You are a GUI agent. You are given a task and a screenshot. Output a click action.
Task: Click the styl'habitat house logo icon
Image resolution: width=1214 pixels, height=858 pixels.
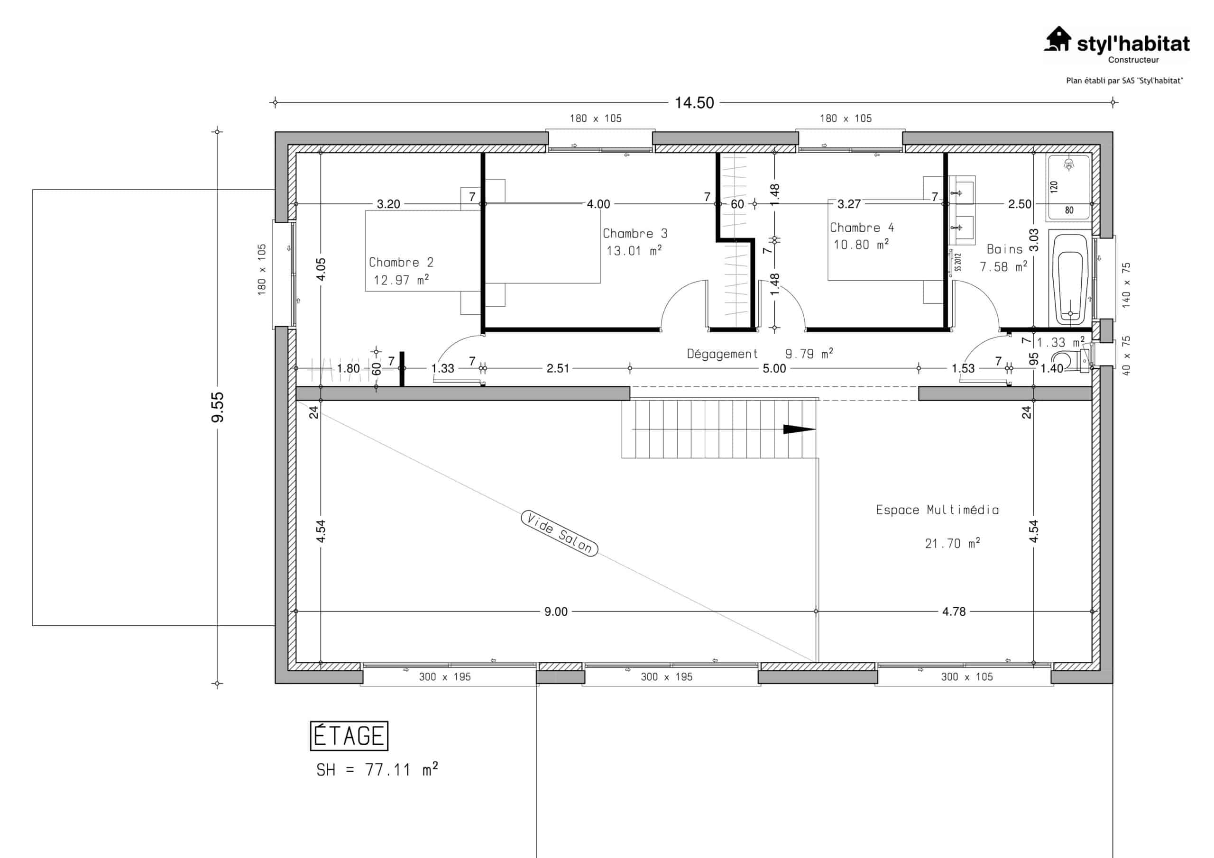[1058, 39]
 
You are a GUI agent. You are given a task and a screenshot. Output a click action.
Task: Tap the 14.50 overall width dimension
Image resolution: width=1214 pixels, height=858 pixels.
[694, 102]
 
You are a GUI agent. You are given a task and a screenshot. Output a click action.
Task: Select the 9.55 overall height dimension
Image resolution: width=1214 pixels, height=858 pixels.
[218, 407]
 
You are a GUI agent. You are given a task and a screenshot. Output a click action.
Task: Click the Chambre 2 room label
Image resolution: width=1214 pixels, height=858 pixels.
[401, 262]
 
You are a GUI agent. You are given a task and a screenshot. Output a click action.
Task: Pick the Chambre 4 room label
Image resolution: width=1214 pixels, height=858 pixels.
[861, 228]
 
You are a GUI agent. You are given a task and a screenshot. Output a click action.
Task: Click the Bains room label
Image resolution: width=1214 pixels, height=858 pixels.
[1004, 249]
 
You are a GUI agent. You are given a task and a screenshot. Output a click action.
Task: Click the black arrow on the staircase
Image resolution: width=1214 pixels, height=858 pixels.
[799, 429]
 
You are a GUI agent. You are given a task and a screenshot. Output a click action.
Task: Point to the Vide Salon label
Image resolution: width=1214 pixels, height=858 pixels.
[560, 533]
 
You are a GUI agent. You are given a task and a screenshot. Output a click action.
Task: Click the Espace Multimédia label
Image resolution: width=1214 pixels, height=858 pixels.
[938, 510]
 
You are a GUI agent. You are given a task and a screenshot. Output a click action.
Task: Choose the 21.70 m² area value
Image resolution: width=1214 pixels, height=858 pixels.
[952, 543]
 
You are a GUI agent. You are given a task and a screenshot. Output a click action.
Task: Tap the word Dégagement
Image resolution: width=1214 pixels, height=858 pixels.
[722, 354]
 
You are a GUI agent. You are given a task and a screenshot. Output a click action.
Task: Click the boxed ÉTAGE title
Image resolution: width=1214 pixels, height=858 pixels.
[349, 736]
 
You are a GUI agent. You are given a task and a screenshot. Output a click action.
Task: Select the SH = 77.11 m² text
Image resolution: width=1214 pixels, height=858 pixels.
[377, 770]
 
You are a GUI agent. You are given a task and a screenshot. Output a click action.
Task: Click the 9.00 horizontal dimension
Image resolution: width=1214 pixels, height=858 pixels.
[556, 612]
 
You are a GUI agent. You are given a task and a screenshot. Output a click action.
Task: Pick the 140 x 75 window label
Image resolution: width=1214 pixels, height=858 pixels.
[1126, 285]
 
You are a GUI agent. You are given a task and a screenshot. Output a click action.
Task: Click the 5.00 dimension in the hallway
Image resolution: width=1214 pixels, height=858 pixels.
[774, 368]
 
